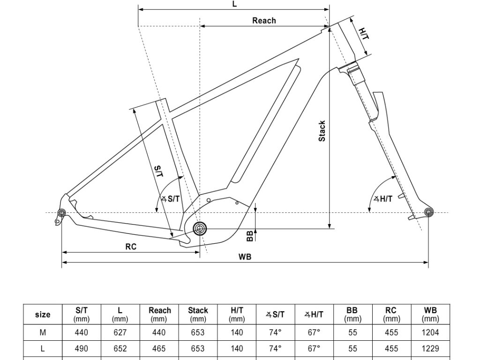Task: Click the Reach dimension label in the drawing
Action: click(x=264, y=21)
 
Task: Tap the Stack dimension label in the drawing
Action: click(x=322, y=131)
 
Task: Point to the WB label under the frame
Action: click(x=245, y=256)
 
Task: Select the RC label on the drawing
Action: click(x=131, y=247)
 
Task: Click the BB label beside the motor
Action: click(x=250, y=235)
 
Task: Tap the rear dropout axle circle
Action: click(x=60, y=214)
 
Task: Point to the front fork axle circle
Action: click(x=427, y=212)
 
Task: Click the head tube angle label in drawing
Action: click(x=383, y=199)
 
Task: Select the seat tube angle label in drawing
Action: click(x=171, y=199)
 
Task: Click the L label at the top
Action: click(x=235, y=4)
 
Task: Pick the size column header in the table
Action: click(x=43, y=315)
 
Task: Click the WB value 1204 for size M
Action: click(x=430, y=333)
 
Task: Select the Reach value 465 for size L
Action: click(x=159, y=349)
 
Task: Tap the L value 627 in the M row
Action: click(x=120, y=333)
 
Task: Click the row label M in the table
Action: click(x=43, y=333)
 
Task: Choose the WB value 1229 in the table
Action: click(x=430, y=349)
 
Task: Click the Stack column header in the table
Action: click(x=198, y=314)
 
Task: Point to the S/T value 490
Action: click(x=82, y=349)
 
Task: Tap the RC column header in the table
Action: click(x=391, y=314)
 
